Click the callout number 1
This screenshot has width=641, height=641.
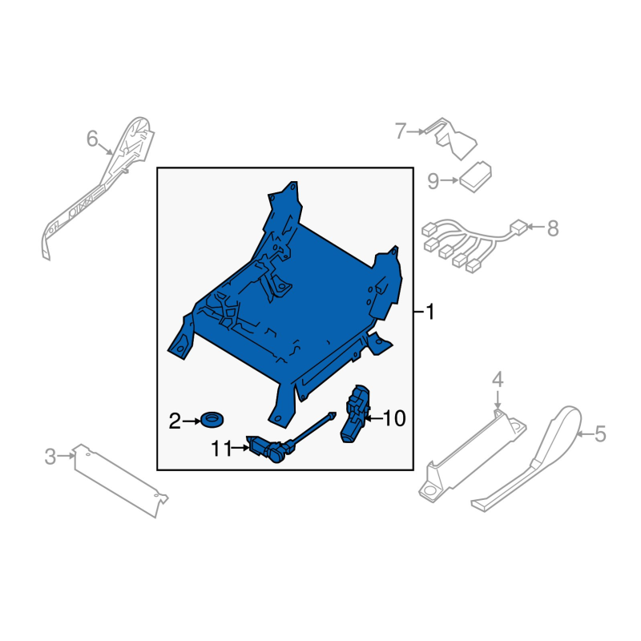pos(429,312)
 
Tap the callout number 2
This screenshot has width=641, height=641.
pos(175,421)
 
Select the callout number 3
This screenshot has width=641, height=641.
pos(50,457)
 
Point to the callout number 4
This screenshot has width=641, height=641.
pos(497,380)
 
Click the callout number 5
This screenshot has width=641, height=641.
pos(599,433)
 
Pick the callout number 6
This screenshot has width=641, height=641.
pos(92,139)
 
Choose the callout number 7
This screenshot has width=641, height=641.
pos(401,131)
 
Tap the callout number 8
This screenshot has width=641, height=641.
pos(553,228)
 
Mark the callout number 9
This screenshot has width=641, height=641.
pos(433,181)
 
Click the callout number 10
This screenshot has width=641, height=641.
pos(394,418)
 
